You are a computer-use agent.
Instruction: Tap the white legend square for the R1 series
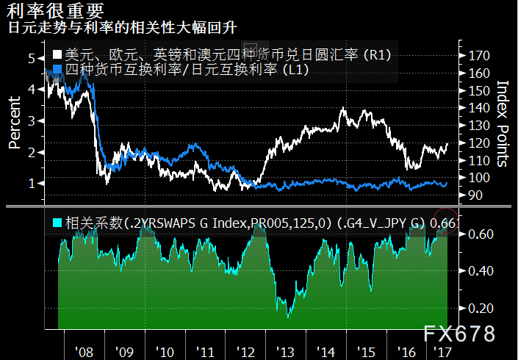click(57, 56)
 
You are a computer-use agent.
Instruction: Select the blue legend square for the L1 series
click(57, 70)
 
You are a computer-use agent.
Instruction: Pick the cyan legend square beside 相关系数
click(57, 221)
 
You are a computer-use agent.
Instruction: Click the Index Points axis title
click(503, 123)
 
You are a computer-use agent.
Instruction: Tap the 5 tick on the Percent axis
click(32, 58)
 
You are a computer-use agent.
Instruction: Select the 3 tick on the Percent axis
click(32, 120)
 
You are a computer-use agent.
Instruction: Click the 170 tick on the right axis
click(478, 56)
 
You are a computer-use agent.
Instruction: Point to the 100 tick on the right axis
click(478, 178)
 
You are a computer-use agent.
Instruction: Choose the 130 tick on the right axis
click(478, 126)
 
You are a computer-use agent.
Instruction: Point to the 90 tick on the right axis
click(476, 195)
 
